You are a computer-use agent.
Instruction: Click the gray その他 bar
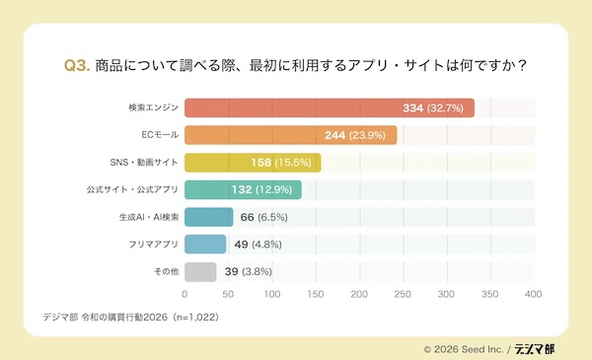(200, 271)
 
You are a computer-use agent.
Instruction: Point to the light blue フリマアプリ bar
(205, 245)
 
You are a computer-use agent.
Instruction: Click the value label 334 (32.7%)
(435, 108)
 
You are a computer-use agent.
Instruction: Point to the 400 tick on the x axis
(534, 294)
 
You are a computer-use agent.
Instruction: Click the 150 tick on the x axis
(316, 294)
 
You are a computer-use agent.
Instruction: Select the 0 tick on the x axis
(185, 294)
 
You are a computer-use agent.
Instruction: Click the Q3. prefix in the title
(77, 66)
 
